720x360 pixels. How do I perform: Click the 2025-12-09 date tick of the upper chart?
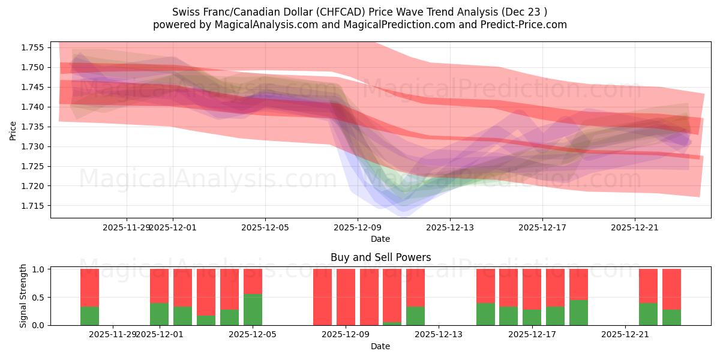tap(358, 227)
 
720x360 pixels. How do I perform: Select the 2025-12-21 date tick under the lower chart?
tap(625, 334)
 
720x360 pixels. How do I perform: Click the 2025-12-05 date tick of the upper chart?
tap(265, 227)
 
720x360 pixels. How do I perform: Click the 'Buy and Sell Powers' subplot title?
tap(380, 257)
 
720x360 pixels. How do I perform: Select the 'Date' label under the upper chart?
tap(380, 239)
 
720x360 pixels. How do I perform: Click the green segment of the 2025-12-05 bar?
tap(253, 310)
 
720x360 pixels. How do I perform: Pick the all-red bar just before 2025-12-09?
tap(322, 297)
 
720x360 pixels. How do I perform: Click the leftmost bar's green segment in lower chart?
tap(89, 316)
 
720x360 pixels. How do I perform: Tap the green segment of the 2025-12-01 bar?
tap(159, 314)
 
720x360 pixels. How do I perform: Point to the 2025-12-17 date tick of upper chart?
tap(542, 227)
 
